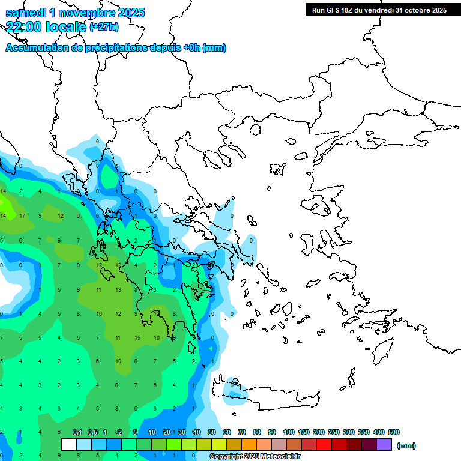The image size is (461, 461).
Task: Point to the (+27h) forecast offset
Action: (x=104, y=27)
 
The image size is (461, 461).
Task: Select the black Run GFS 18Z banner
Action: (x=378, y=10)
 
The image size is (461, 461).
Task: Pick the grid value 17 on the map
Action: (x=22, y=215)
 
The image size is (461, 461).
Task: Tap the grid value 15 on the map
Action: (x=137, y=338)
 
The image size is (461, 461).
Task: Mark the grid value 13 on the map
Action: (x=118, y=290)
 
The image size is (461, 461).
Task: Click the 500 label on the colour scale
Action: (x=394, y=433)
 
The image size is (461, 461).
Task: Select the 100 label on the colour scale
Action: (x=289, y=433)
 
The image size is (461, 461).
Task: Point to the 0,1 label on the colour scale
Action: (x=77, y=433)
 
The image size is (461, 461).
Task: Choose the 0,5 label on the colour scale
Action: (x=93, y=433)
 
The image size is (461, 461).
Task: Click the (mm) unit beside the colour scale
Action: (x=406, y=445)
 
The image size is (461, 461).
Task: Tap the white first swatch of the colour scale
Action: (x=69, y=445)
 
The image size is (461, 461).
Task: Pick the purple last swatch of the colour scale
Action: (x=384, y=445)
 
